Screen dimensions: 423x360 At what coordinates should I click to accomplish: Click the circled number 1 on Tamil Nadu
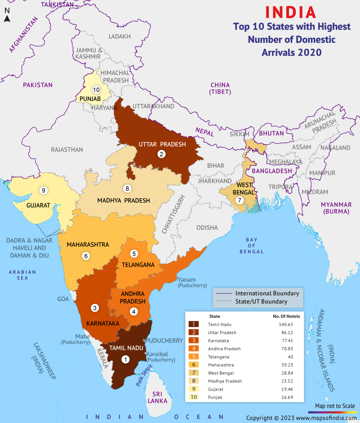(x=125, y=359)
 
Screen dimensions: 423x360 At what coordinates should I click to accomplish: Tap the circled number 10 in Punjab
(x=96, y=89)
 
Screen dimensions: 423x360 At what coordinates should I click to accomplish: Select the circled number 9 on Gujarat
(x=44, y=190)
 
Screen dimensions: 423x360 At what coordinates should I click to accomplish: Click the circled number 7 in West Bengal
(x=240, y=200)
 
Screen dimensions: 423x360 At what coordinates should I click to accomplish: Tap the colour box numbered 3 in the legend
(x=193, y=340)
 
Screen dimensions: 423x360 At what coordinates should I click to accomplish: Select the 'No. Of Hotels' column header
(x=286, y=316)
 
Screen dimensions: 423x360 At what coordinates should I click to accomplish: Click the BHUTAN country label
(x=271, y=134)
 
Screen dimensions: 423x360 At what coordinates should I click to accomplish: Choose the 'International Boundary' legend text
(x=267, y=293)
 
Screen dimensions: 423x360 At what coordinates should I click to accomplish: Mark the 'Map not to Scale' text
(x=335, y=405)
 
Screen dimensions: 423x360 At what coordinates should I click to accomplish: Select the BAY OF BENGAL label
(x=252, y=245)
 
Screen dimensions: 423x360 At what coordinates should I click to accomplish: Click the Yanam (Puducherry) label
(x=192, y=282)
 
